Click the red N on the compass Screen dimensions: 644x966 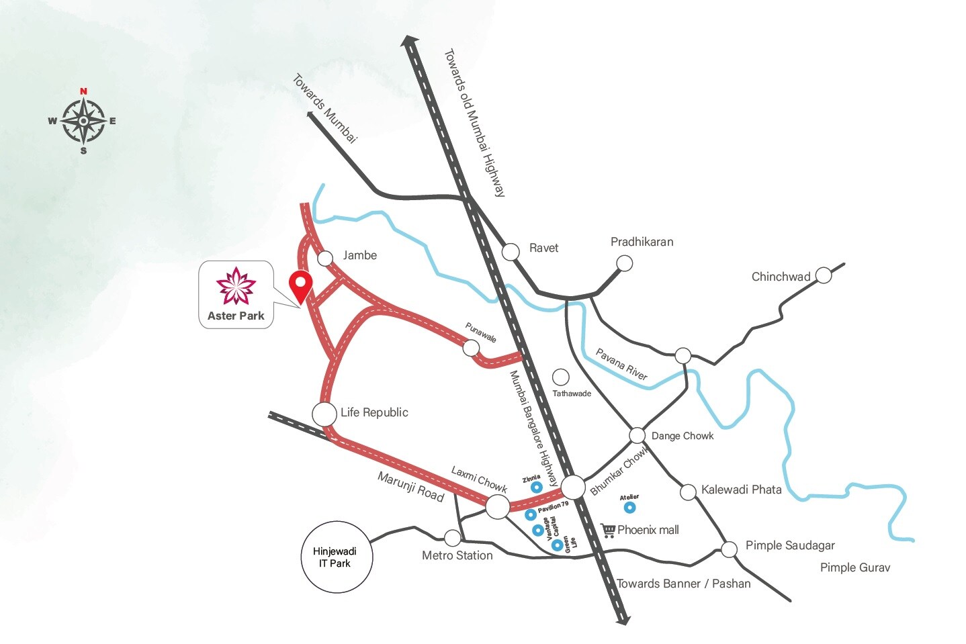[83, 91]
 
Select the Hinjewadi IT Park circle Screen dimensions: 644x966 [335, 557]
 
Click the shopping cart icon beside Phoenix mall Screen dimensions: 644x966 [609, 531]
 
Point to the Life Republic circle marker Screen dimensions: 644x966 [324, 414]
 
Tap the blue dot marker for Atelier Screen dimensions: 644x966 [629, 507]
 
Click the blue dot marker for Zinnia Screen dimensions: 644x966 [536, 488]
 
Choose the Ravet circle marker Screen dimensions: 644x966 [511, 252]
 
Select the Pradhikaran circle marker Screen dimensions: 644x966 [625, 263]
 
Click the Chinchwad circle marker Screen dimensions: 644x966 [823, 275]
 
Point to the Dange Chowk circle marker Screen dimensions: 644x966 [637, 436]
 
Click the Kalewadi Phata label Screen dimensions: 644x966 [741, 490]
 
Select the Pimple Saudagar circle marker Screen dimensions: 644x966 [729, 550]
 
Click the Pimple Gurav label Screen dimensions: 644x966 [854, 567]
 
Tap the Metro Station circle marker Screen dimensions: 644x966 [453, 538]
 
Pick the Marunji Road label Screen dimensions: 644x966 [410, 487]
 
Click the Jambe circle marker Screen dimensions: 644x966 [325, 258]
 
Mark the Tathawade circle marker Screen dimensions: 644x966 [560, 377]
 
